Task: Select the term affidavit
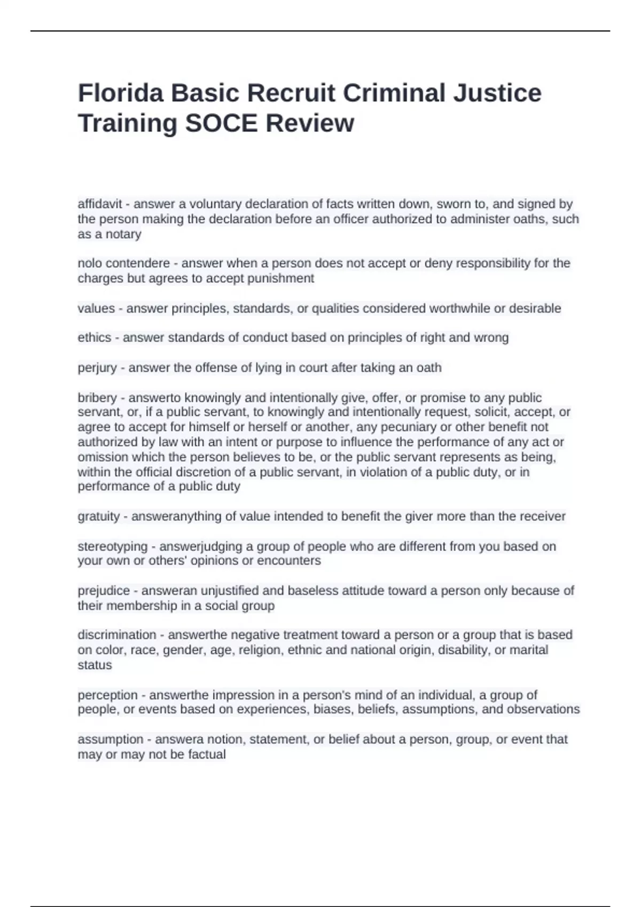click(x=100, y=204)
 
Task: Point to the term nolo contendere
click(x=123, y=264)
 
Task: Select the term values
click(x=96, y=308)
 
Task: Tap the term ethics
click(x=95, y=338)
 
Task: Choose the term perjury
click(x=97, y=368)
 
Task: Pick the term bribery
click(x=97, y=398)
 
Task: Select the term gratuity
click(x=99, y=516)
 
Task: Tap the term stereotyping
click(x=113, y=546)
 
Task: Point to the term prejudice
click(x=104, y=591)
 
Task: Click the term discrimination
click(x=117, y=635)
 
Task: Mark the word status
click(x=95, y=665)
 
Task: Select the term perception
click(x=108, y=695)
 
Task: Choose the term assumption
click(x=111, y=739)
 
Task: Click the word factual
click(x=207, y=754)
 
